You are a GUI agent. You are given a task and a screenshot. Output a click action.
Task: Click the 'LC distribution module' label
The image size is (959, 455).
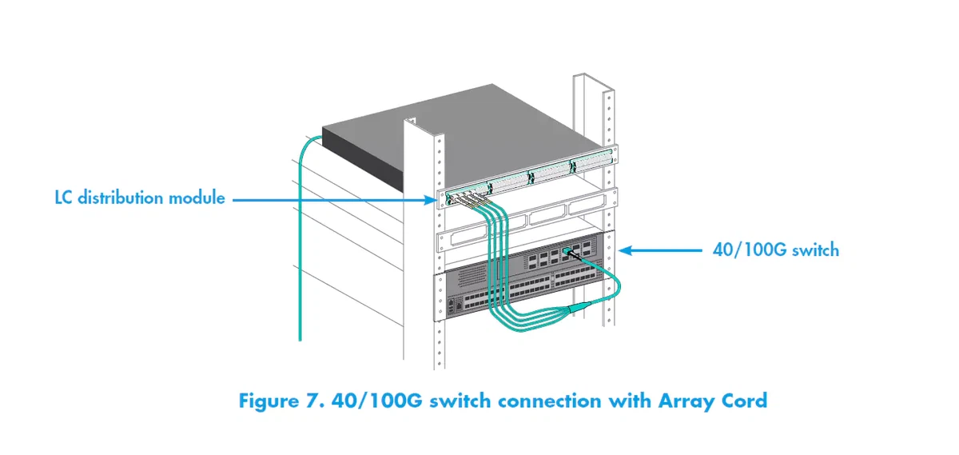pos(140,197)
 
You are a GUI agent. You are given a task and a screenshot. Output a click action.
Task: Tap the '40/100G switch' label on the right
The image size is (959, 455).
pos(775,249)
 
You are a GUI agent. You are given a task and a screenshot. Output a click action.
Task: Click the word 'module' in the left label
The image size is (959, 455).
pos(197,197)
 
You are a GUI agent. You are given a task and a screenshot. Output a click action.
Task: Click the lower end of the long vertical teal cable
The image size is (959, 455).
pos(300,336)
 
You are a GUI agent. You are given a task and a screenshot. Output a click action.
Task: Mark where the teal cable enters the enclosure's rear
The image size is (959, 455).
pos(316,138)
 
